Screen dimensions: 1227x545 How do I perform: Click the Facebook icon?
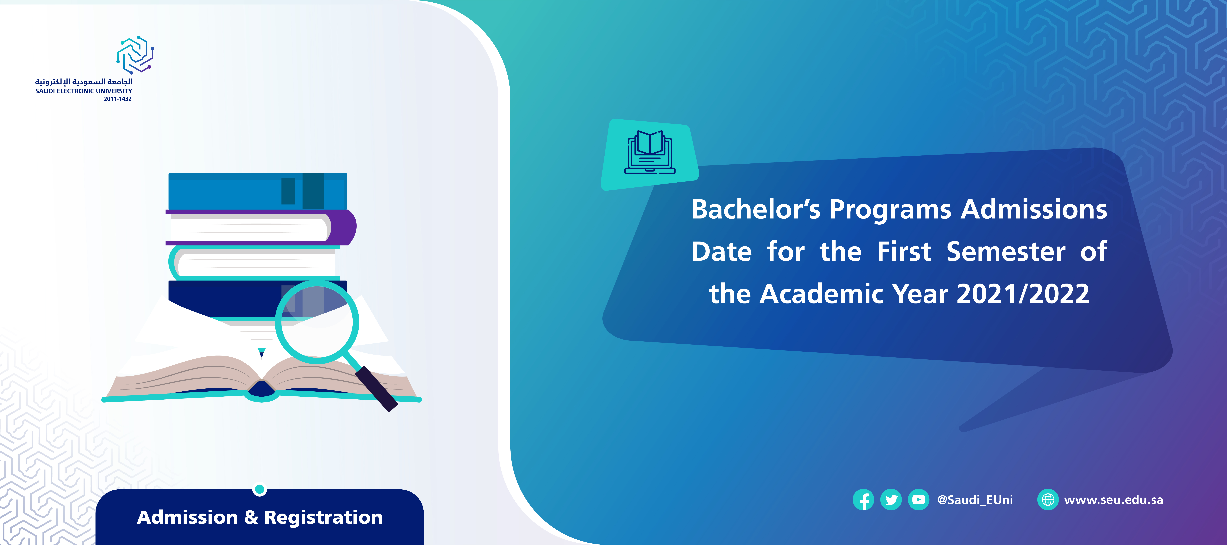pyautogui.click(x=863, y=500)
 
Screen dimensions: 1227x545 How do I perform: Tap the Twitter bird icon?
pyautogui.click(x=891, y=500)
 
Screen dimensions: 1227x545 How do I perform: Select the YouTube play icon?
pyautogui.click(x=918, y=500)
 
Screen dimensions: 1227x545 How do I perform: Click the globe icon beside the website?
pyautogui.click(x=1048, y=500)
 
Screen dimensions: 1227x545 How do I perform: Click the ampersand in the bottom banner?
pyautogui.click(x=251, y=517)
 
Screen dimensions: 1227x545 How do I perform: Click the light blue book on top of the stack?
pyautogui.click(x=258, y=191)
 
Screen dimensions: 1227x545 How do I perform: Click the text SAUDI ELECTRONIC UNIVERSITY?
pyautogui.click(x=84, y=91)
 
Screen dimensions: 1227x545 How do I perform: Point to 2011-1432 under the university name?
pyautogui.click(x=118, y=99)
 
